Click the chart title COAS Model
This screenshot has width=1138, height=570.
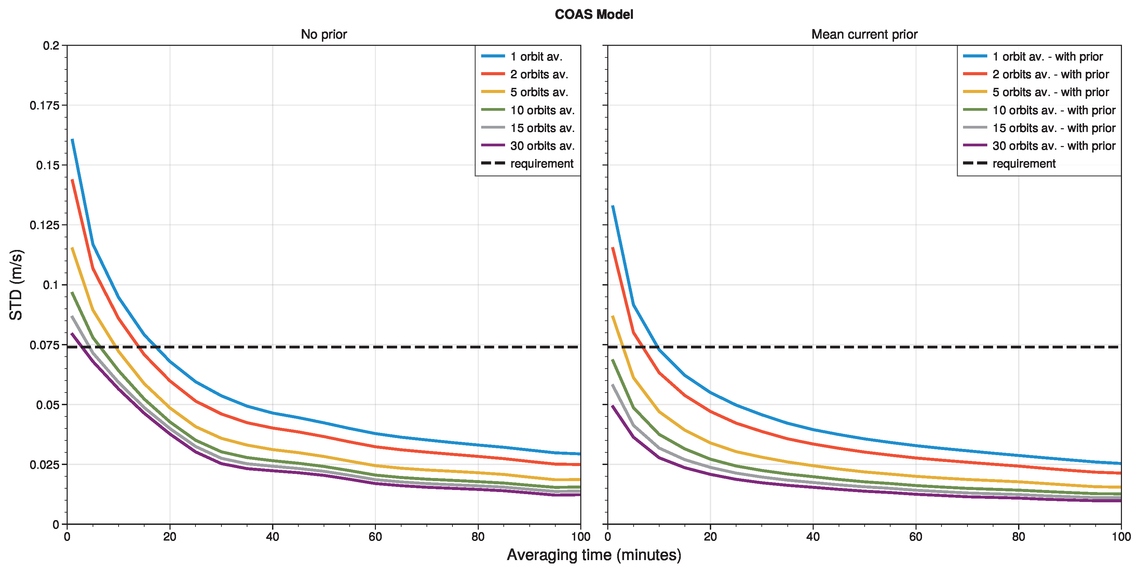coord(593,15)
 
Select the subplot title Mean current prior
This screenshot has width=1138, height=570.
coord(864,35)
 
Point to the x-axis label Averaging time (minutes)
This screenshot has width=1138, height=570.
coord(593,555)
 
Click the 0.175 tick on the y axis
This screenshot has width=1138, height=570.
coord(44,105)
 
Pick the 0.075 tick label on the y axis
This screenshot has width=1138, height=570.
coord(44,345)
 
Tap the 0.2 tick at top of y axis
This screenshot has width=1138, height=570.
coord(51,45)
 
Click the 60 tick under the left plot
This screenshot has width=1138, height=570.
coord(375,536)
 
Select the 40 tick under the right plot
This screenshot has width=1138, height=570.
coord(813,536)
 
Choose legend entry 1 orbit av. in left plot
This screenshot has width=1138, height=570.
coord(536,56)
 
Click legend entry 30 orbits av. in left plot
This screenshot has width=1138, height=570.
coord(542,146)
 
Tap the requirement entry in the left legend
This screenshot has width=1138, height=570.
coord(542,163)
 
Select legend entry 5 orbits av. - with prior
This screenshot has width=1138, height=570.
coord(1050,92)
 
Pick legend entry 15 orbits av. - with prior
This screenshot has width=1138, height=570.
coord(1053,128)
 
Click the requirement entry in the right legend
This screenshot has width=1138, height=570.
coord(1024,163)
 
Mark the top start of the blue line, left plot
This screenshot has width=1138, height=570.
coord(72,140)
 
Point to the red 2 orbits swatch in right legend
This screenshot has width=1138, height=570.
coord(975,74)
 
